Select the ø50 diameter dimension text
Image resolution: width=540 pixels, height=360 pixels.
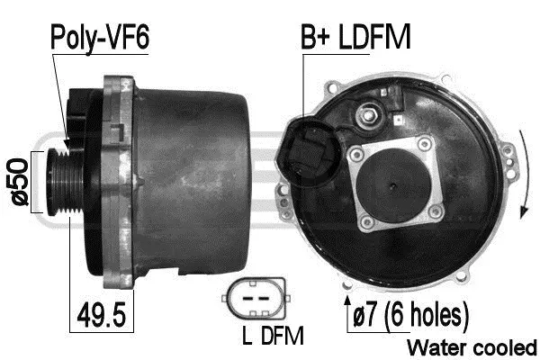click(17, 184)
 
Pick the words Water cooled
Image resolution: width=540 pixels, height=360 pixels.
click(472, 347)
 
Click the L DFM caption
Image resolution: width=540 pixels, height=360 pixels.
click(272, 337)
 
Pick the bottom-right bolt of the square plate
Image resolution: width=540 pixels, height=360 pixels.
click(437, 212)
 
